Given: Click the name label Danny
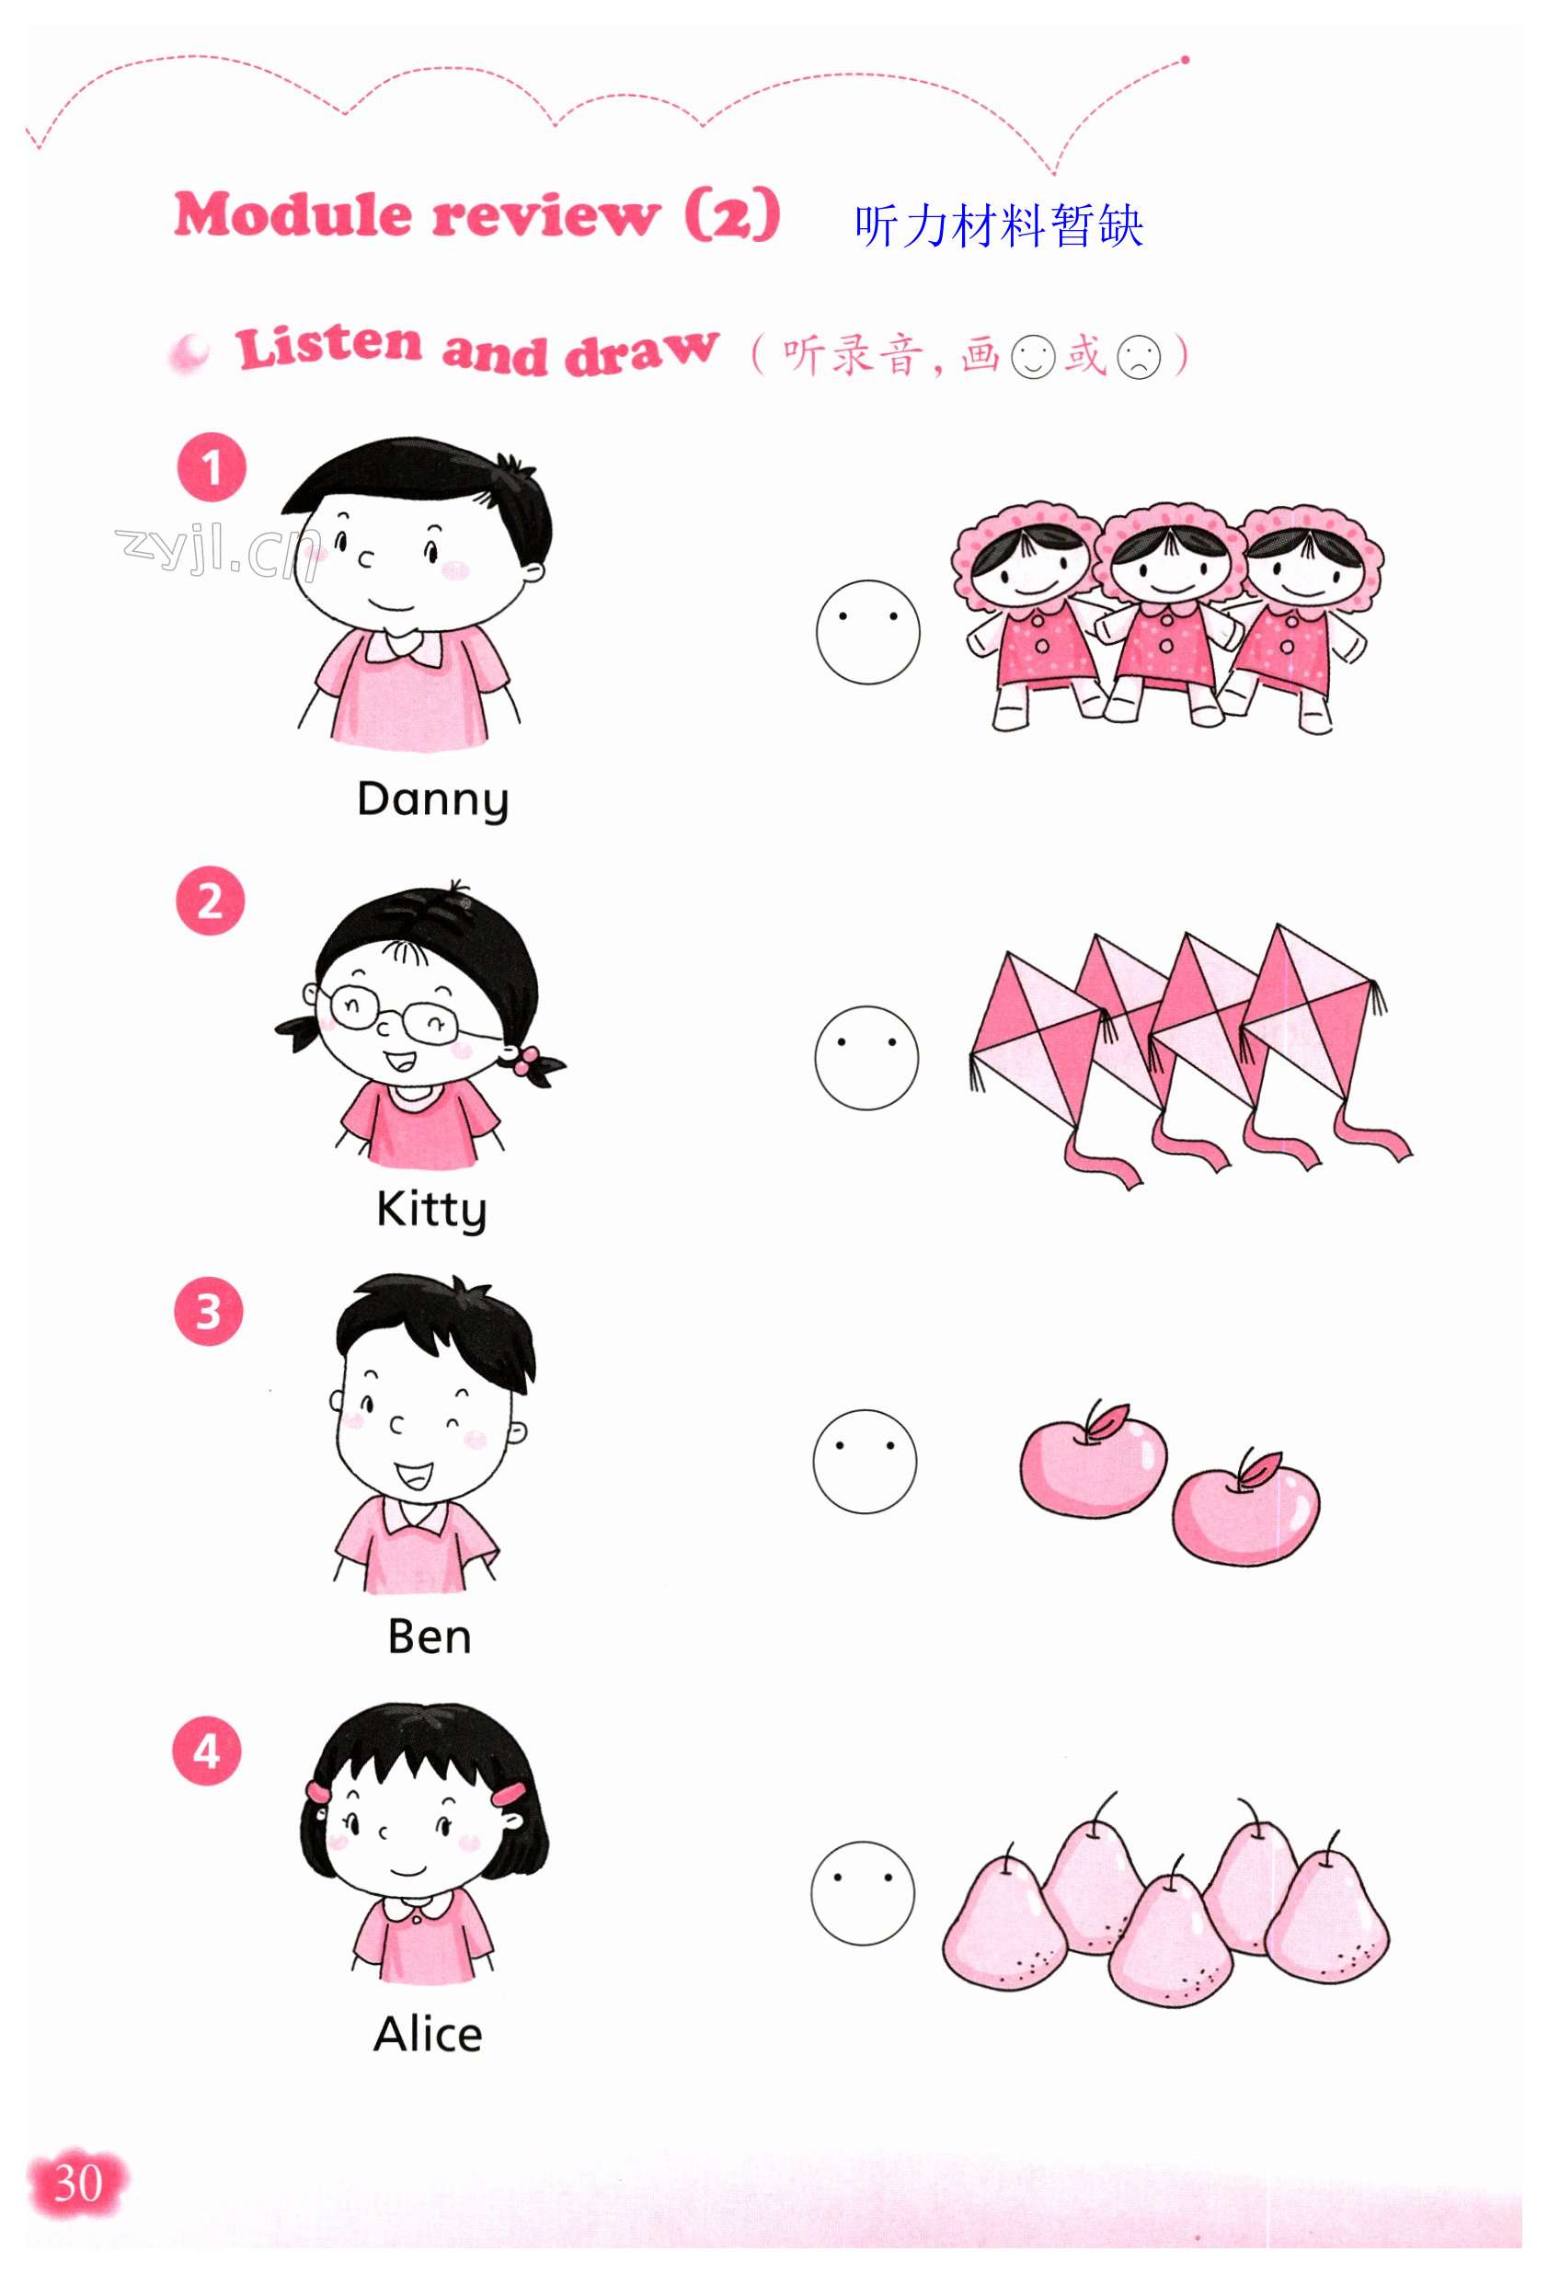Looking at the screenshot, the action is coord(432,799).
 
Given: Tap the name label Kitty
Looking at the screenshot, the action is coord(431,1211).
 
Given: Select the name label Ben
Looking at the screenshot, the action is coord(430,1636).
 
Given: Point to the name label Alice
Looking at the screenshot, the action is coord(428,2033).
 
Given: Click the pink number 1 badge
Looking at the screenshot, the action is coord(212,467).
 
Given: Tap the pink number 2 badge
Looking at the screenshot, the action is coord(211,902).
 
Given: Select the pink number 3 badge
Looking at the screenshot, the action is coord(209,1312).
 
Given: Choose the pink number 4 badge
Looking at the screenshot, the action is coord(206,1751).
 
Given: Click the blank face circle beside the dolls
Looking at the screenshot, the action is coord(868,632).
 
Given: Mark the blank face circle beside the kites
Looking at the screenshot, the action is coord(867,1058).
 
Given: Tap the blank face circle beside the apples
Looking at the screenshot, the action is coord(865,1461).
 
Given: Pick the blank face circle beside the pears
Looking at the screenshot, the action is coord(863,1893).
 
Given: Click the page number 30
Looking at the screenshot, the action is coord(77,2183).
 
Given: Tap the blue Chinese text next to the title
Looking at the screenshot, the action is coord(998,226).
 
